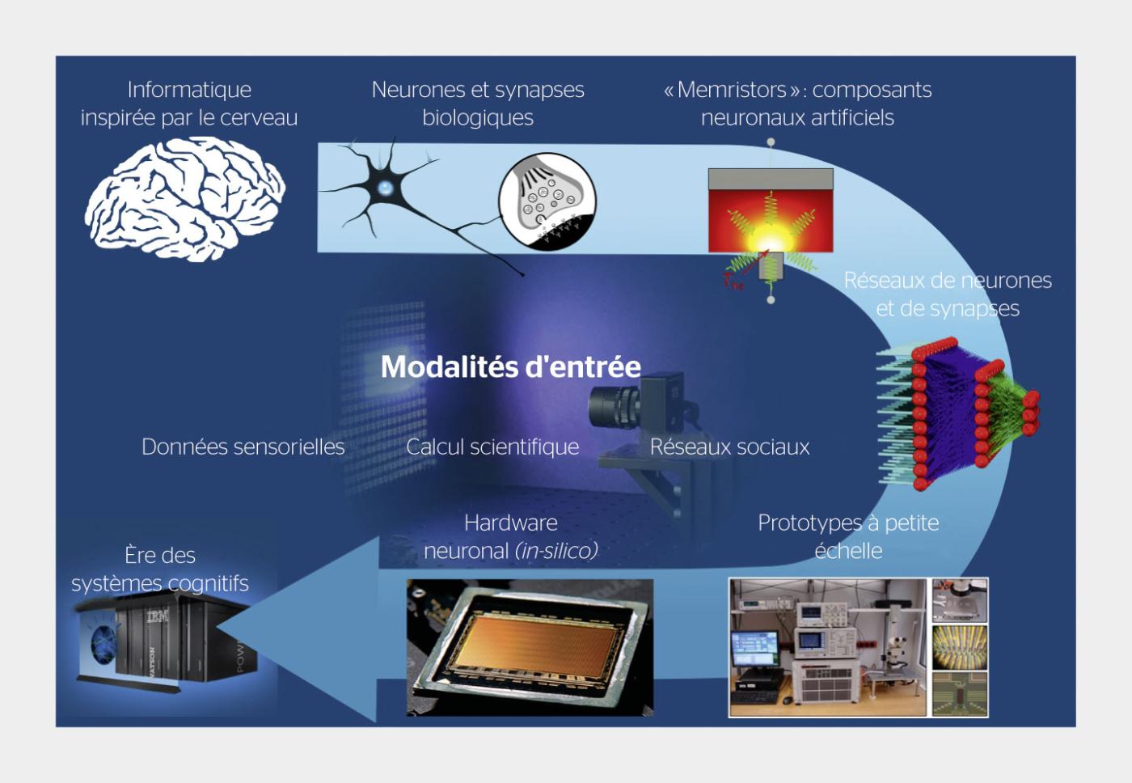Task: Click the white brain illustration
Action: pyautogui.click(x=184, y=198)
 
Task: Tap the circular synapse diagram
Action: pyautogui.click(x=547, y=201)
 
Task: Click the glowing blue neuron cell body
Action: pyautogui.click(x=386, y=188)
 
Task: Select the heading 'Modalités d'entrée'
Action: pyautogui.click(x=510, y=367)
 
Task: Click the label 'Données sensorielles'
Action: pyautogui.click(x=243, y=447)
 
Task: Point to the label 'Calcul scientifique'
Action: pyautogui.click(x=492, y=447)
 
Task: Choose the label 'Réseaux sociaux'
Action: pyautogui.click(x=729, y=447)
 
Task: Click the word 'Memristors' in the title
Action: pyautogui.click(x=732, y=90)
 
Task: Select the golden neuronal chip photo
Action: pyautogui.click(x=530, y=647)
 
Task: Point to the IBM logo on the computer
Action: pyautogui.click(x=158, y=617)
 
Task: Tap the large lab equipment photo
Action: pyautogui.click(x=827, y=647)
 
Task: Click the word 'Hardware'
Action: pyautogui.click(x=510, y=523)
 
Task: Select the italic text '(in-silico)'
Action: pyautogui.click(x=556, y=551)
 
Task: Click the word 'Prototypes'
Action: pyautogui.click(x=809, y=523)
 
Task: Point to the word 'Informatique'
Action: pyautogui.click(x=189, y=90)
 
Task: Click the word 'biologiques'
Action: pyautogui.click(x=478, y=117)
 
